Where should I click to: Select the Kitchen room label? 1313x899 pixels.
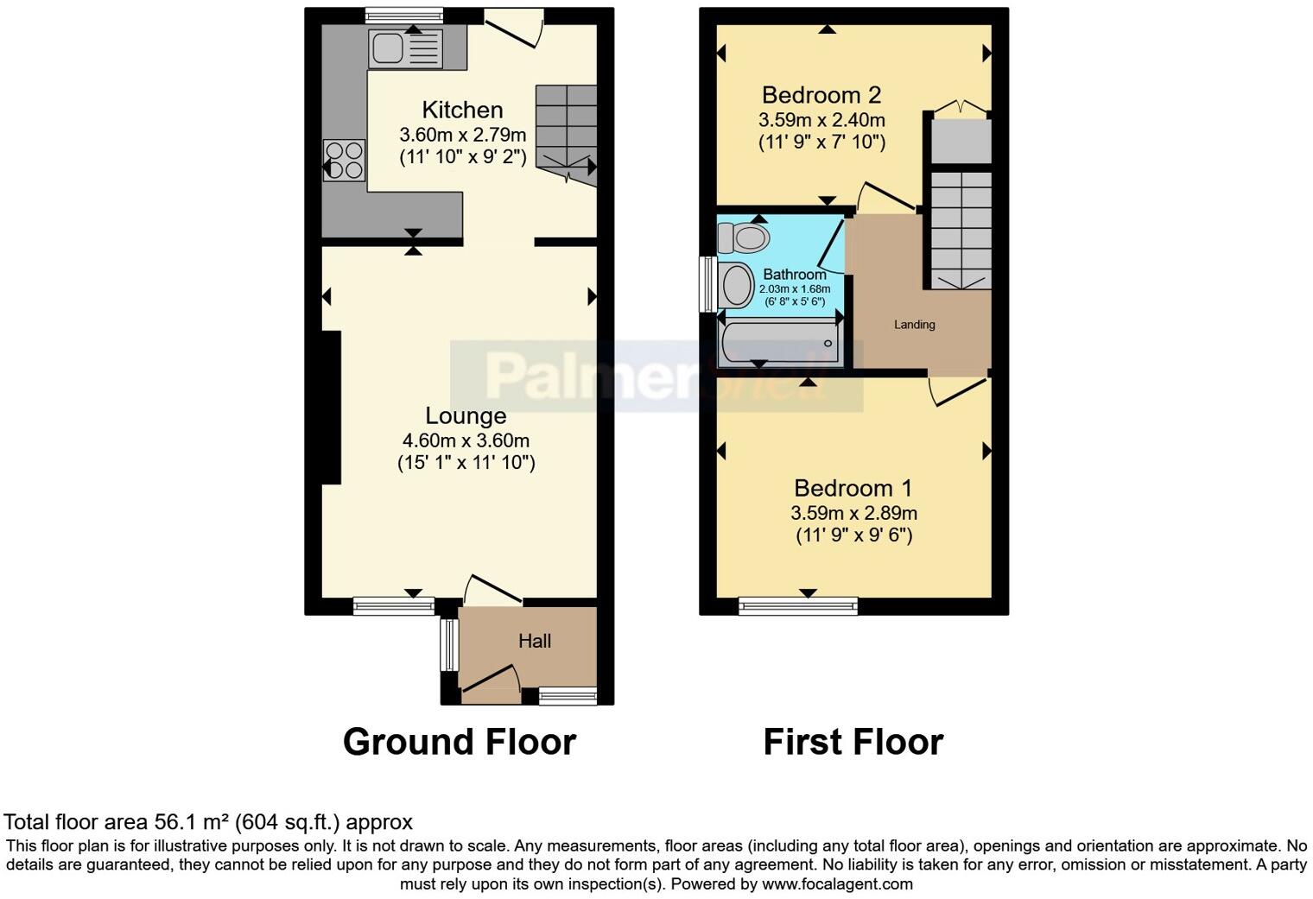(462, 110)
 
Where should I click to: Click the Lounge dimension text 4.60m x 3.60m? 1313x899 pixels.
(466, 440)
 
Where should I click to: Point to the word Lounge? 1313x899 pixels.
(466, 415)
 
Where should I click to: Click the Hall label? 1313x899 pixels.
(535, 641)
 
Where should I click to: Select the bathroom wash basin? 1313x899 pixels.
(737, 285)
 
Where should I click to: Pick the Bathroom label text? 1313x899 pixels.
(794, 275)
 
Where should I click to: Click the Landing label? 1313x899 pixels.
(914, 325)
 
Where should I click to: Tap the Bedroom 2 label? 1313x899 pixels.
(821, 94)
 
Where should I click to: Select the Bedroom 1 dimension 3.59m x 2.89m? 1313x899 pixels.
(853, 513)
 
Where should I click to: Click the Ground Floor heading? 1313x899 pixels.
(459, 742)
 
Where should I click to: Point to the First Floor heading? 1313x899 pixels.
(853, 742)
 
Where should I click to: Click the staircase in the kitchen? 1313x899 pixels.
(566, 130)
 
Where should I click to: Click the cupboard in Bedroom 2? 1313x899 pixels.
(961, 141)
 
